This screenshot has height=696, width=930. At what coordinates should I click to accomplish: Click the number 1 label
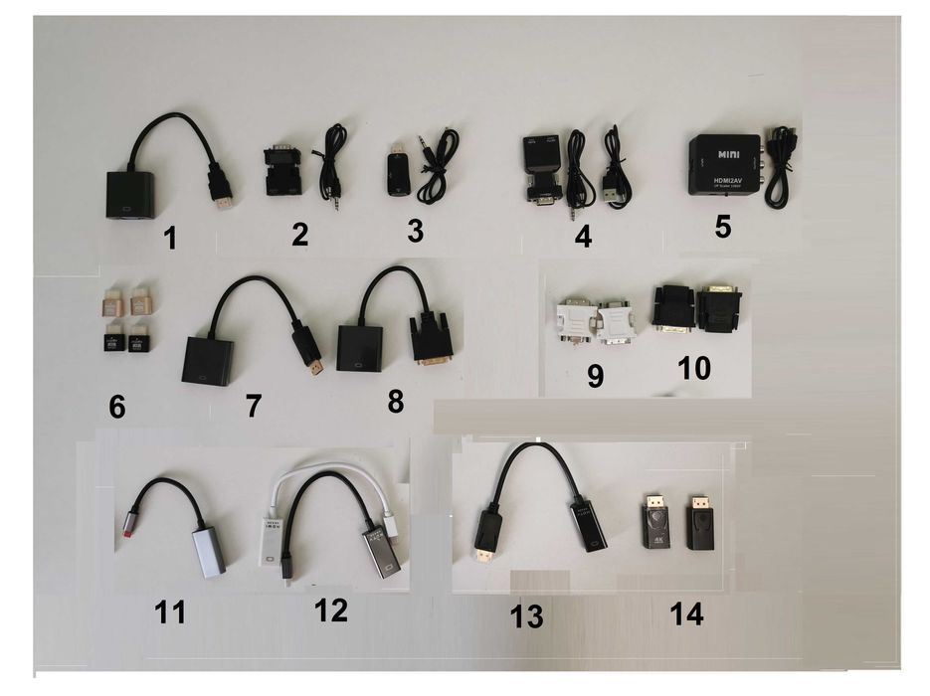coord(170,238)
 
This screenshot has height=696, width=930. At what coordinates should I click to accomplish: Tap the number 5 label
coord(722,226)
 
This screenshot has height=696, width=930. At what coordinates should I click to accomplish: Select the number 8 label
coord(396,402)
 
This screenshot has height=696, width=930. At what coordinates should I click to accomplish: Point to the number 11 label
coord(170,612)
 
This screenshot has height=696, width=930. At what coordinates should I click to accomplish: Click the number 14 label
coord(686,614)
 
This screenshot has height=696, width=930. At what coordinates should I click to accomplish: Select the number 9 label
coord(596,377)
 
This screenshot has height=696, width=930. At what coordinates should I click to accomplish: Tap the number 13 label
coord(526,616)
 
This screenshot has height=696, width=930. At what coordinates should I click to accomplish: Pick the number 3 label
coord(415,231)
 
